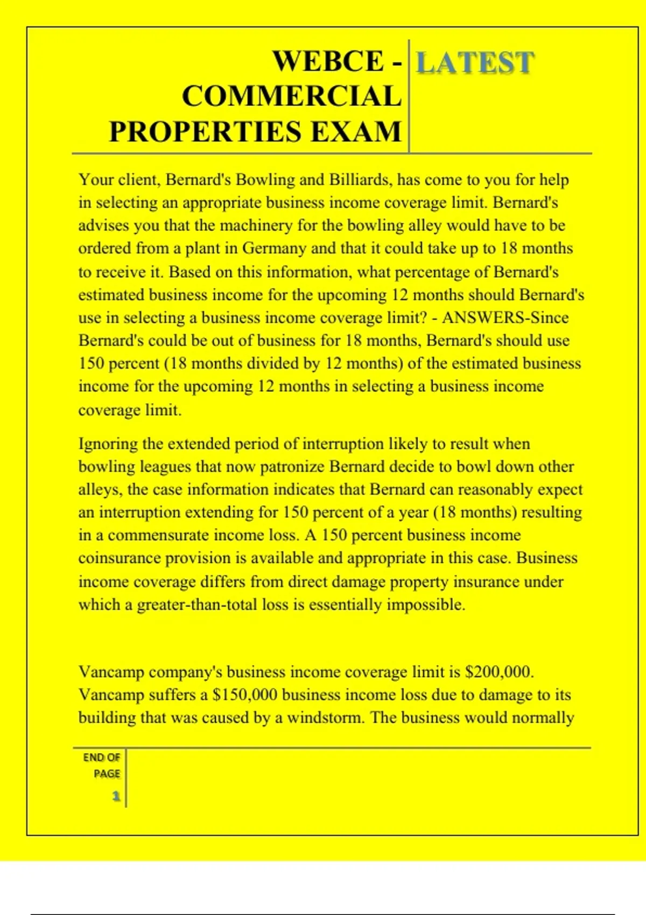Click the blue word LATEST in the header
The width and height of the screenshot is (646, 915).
tap(475, 63)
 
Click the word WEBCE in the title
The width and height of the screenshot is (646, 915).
tap(328, 61)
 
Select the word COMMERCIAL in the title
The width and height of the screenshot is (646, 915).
tap(292, 96)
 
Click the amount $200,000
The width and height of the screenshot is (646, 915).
tap(499, 672)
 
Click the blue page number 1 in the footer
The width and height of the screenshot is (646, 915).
tap(116, 796)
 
